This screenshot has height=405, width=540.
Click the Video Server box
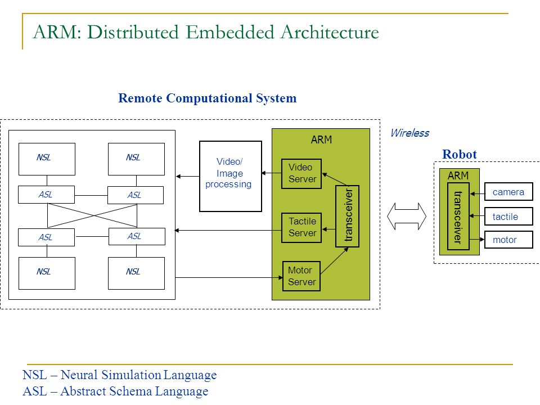pyautogui.click(x=301, y=174)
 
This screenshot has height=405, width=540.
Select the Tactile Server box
pyautogui.click(x=301, y=228)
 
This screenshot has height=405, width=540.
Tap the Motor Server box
pyautogui.click(x=301, y=276)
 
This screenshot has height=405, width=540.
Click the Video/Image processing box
pyautogui.click(x=231, y=176)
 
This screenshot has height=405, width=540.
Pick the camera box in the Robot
pyautogui.click(x=508, y=192)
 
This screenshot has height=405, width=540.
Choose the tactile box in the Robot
pyautogui.click(x=508, y=216)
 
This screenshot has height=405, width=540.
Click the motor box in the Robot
pyautogui.click(x=508, y=240)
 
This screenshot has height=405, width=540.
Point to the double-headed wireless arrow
pyautogui.click(x=406, y=216)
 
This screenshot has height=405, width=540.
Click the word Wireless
pyautogui.click(x=409, y=133)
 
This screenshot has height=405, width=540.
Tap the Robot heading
pyautogui.click(x=460, y=154)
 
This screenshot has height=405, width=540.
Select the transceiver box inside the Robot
pyautogui.click(x=458, y=216)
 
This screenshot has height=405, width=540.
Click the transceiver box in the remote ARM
pyautogui.click(x=348, y=216)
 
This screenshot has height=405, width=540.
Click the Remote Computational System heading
pyautogui.click(x=208, y=98)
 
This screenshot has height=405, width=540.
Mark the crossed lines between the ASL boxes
pyautogui.click(x=92, y=216)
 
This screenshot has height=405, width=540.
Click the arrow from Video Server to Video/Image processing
pyautogui.click(x=272, y=173)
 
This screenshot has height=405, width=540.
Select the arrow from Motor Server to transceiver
pyautogui.click(x=334, y=260)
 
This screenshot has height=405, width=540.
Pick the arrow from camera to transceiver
pyautogui.click(x=478, y=194)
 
